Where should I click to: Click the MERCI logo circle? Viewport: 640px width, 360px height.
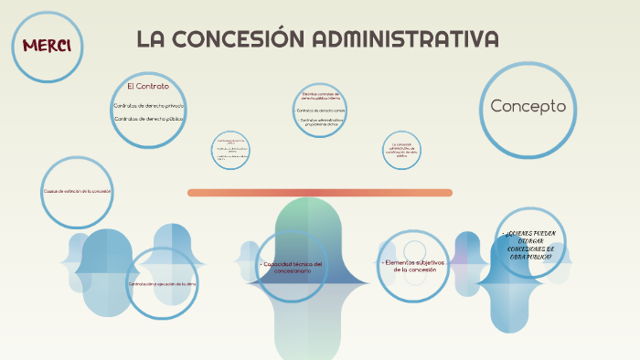click(x=48, y=46)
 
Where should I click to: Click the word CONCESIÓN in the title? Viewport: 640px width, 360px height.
click(x=237, y=39)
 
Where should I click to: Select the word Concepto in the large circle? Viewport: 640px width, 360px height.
click(x=528, y=106)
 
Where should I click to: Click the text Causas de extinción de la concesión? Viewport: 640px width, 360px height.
click(x=77, y=191)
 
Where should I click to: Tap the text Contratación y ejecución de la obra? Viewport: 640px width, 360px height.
click(x=163, y=284)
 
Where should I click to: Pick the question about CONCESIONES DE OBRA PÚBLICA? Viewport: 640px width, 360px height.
click(x=530, y=246)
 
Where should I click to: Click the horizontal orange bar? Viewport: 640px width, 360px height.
click(x=320, y=192)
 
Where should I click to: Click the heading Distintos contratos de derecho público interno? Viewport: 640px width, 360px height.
click(x=321, y=95)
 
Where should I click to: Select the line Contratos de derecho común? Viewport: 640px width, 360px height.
click(x=321, y=110)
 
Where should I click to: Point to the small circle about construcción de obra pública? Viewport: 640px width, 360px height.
click(x=402, y=149)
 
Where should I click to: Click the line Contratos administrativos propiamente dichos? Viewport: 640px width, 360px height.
click(x=321, y=122)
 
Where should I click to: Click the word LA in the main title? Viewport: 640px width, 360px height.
click(x=153, y=39)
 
